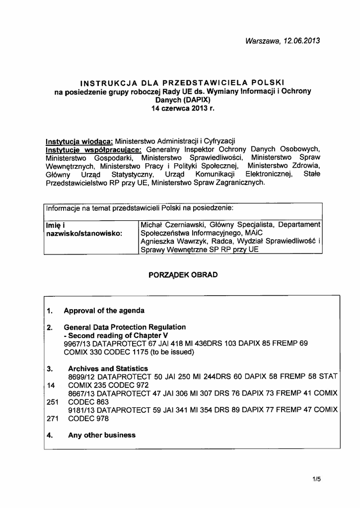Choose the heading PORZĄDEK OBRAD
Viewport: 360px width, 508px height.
[183, 275]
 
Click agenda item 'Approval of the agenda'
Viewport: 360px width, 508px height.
[104, 311]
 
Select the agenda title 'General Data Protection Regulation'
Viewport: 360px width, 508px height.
[125, 327]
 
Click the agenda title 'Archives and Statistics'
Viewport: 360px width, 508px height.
[108, 369]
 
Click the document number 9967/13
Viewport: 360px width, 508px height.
[76, 343]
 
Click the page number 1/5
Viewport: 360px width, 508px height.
[317, 479]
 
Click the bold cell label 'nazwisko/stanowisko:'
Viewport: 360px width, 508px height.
[84, 233]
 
